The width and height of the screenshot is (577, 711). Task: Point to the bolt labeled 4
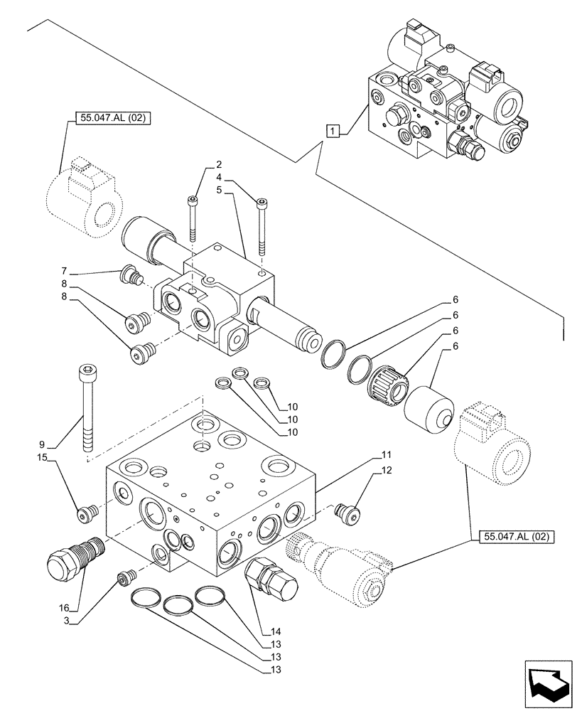pos(261,223)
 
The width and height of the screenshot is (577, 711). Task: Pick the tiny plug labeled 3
pos(126,579)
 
